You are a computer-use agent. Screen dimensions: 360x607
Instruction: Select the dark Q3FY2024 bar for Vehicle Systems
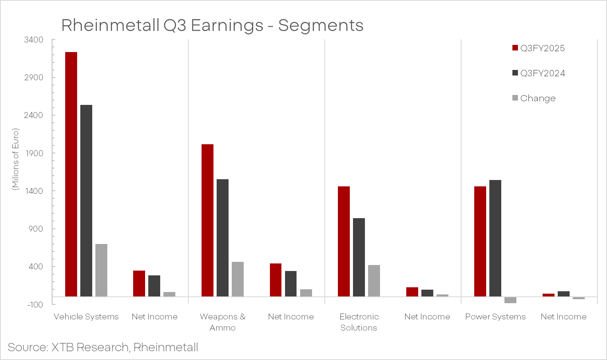pos(86,201)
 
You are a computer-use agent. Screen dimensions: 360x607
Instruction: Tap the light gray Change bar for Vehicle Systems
pos(101,270)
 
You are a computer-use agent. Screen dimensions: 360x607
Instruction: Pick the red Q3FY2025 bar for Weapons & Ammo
pos(208,220)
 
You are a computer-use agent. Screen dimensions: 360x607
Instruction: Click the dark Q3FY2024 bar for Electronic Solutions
pos(359,257)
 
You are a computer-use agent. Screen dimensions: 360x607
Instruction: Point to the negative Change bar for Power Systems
pos(510,300)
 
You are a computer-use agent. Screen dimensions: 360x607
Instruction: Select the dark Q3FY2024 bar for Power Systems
pos(495,238)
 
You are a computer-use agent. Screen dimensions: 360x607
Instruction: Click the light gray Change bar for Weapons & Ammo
pos(238,279)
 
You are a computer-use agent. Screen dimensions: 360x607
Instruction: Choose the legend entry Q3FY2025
pos(539,48)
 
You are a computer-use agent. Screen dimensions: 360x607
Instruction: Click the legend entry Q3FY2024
pos(539,74)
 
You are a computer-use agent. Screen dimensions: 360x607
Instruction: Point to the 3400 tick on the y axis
pos(34,40)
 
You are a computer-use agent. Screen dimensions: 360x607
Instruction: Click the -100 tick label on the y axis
pos(35,305)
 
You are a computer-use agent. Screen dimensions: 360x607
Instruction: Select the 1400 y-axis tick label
pos(34,191)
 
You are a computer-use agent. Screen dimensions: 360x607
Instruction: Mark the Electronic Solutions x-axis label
pos(359,322)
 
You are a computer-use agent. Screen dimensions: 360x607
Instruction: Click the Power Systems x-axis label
pos(495,317)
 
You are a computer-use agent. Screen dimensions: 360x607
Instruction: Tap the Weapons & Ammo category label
pos(223,322)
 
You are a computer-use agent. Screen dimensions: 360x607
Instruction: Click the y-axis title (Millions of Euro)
pos(16,159)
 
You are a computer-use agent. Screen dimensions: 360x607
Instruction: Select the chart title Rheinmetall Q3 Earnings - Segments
pos(212,25)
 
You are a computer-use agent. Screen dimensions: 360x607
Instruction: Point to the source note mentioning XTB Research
pos(103,347)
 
